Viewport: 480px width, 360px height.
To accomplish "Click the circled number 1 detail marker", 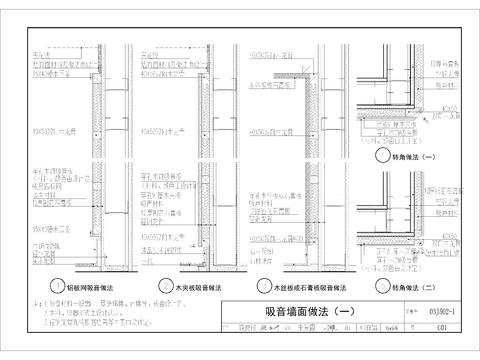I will coord(59,283).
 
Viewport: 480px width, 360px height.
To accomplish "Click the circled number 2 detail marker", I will coord(149,283).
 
